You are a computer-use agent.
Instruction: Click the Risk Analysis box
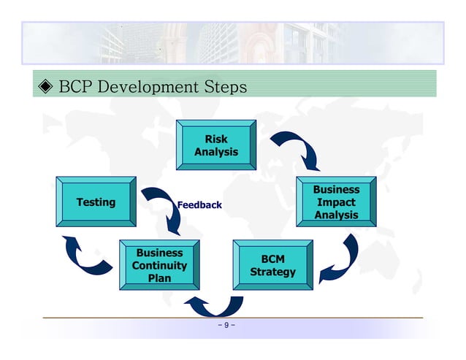[216, 145]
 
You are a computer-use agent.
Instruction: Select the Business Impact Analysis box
[336, 202]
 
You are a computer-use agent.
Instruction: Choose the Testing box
[96, 202]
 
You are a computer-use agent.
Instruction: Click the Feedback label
[199, 205]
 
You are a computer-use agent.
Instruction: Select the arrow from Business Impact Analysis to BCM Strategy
[342, 259]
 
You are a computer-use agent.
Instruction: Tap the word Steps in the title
[222, 88]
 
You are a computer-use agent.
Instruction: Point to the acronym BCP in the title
[74, 88]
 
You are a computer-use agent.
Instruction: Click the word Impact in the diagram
[337, 202]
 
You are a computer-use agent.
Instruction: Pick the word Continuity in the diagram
[159, 266]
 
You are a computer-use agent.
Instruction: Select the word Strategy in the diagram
[272, 272]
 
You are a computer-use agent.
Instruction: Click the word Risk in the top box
[216, 139]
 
